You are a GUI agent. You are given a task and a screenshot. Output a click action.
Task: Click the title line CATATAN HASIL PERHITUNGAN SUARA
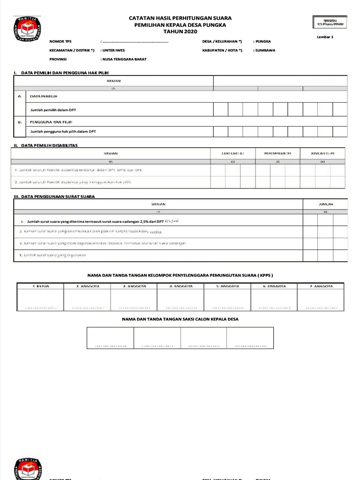coord(180,18)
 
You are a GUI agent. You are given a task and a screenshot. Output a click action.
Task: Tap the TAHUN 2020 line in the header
coord(180,31)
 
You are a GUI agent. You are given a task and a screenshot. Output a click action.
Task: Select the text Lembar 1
coord(325,37)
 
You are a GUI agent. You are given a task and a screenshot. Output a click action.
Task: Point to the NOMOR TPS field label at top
coord(60,41)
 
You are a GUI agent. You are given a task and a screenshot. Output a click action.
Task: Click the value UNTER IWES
coord(113,50)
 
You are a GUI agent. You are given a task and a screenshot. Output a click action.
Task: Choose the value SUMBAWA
coord(265,50)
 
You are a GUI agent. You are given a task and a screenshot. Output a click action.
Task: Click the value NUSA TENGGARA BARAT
coord(124,60)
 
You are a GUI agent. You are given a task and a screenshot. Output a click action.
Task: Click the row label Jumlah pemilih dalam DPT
coord(53,110)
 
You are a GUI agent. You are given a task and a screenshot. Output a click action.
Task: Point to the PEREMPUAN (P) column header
coord(277,153)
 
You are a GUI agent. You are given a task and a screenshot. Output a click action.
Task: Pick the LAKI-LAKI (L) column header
coord(232,153)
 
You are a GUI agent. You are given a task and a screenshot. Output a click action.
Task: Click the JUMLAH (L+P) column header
coord(322,153)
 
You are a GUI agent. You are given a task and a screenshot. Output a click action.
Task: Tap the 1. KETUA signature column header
coord(40,286)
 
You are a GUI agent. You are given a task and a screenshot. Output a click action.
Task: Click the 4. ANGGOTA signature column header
coord(180,286)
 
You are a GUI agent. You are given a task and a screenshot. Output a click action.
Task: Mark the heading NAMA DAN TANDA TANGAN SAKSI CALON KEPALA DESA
coord(180,319)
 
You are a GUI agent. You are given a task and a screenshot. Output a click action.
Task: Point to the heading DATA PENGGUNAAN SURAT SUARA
coord(58,196)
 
